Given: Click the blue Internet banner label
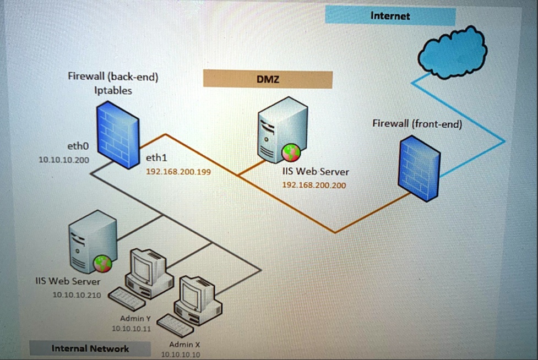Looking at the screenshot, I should coord(390,15).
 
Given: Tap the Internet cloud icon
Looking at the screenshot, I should coord(452,52).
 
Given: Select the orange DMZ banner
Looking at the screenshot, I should coord(268,79).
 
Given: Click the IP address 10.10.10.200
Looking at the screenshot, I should coord(64,160).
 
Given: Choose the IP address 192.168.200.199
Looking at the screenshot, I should coord(178,172).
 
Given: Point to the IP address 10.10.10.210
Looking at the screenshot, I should coord(76,295).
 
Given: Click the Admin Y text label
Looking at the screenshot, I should coord(135,318).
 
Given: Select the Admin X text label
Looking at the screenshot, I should coord(181,344).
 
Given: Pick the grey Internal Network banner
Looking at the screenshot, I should coord(90,348).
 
